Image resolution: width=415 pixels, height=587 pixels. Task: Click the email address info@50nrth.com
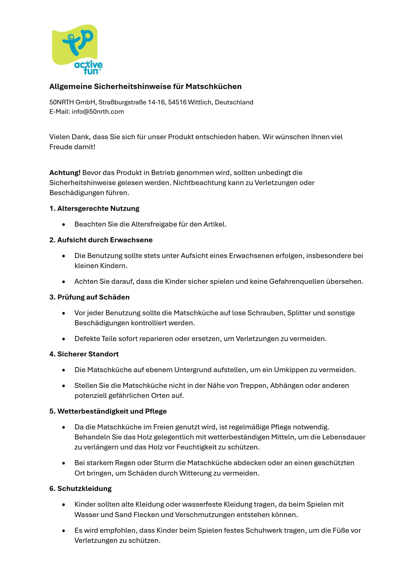[98, 112]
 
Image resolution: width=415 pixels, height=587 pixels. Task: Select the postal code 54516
[177, 102]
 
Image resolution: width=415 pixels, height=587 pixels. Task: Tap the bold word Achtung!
[65, 173]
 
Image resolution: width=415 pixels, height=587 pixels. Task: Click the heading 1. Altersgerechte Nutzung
[94, 208]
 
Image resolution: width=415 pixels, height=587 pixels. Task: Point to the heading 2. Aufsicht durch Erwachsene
[101, 240]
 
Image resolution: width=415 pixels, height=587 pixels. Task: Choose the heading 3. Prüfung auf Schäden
[89, 297]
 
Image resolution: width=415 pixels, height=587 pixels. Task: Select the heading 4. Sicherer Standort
[84, 354]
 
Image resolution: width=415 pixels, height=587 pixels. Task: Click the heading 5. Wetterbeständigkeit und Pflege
[108, 411]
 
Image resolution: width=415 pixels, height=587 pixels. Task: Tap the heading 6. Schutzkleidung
[80, 489]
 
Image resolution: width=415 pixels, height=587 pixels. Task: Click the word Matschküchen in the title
[214, 87]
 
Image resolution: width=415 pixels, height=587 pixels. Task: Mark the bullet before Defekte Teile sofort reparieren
[64, 339]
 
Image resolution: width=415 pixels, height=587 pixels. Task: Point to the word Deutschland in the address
[234, 102]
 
